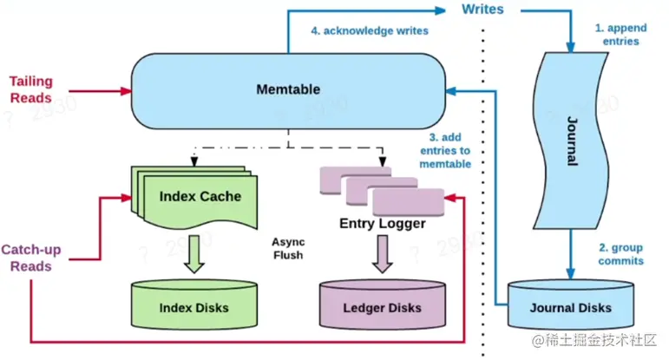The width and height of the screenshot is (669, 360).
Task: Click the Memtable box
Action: [x=289, y=89]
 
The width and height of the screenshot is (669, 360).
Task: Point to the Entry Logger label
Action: [x=383, y=224]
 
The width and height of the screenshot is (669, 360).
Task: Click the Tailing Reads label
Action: [x=31, y=89]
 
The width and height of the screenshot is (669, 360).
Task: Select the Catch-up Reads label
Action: [x=31, y=258]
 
